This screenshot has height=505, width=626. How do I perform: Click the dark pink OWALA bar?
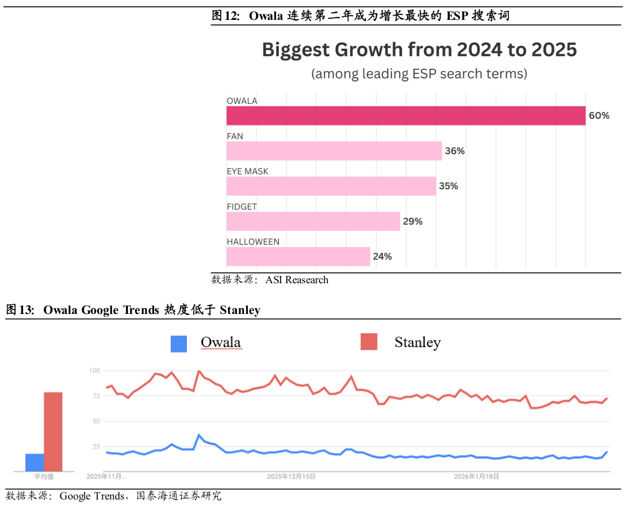(406, 116)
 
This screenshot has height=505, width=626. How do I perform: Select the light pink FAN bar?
(334, 151)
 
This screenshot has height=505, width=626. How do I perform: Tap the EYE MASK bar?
(331, 186)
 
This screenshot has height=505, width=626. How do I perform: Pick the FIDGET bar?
(313, 221)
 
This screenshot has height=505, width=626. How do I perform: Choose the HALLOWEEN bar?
(298, 256)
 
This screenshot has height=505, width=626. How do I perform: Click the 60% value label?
(599, 116)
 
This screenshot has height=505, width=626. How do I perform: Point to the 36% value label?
(455, 151)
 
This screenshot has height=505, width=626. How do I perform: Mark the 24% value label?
(382, 257)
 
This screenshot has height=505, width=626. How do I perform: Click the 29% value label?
(413, 222)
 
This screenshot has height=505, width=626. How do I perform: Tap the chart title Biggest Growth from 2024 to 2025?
(419, 49)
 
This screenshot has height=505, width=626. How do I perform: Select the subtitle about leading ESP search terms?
(419, 74)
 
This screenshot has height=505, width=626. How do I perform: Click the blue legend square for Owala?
(179, 343)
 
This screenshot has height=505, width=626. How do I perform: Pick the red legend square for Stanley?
(368, 342)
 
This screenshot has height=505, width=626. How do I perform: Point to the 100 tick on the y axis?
(93, 371)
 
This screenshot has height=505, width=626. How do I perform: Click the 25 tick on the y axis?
(95, 447)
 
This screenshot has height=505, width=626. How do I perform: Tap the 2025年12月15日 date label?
(291, 476)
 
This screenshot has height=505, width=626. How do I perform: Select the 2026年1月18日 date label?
(477, 476)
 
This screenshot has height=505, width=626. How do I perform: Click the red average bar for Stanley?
(53, 431)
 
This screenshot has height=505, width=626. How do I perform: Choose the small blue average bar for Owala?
(34, 462)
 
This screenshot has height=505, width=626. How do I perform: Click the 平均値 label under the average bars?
(43, 477)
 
